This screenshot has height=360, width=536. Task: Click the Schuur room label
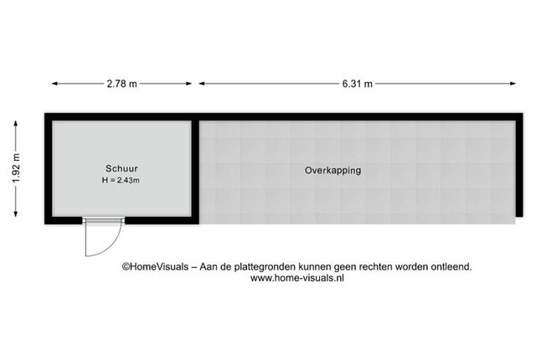click(x=121, y=167)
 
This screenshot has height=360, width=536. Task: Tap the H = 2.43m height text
click(x=121, y=180)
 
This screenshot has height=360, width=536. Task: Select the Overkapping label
click(x=332, y=170)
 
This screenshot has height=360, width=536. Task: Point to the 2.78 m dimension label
click(x=122, y=83)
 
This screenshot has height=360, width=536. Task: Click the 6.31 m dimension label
click(x=356, y=83)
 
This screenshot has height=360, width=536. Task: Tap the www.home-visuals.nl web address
click(x=297, y=279)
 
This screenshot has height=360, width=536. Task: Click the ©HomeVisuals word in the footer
click(x=156, y=267)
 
